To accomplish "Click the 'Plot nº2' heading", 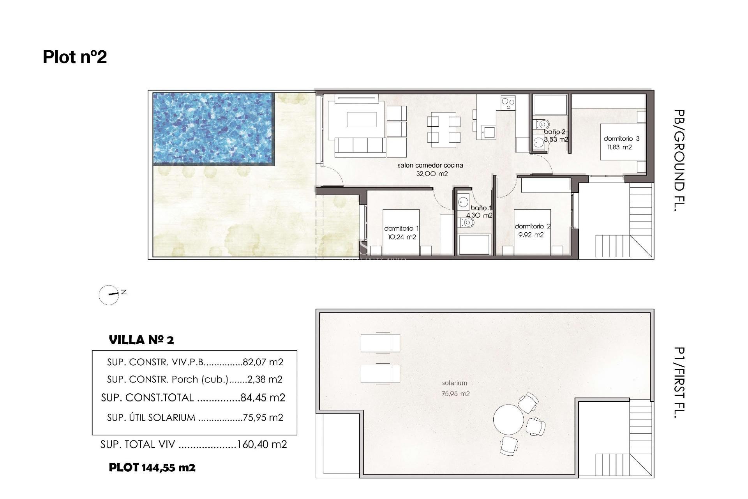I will [x=75, y=57].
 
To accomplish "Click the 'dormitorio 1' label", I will [x=401, y=228].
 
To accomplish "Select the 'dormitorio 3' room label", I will [x=621, y=138].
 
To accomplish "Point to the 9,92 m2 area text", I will [x=531, y=235].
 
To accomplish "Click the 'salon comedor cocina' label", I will [x=430, y=165].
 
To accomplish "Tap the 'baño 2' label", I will [x=554, y=132].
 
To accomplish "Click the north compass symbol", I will [x=109, y=295].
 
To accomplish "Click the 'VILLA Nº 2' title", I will [x=141, y=340].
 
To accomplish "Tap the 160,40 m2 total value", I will [x=262, y=444].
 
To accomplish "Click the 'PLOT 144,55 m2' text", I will [x=152, y=467].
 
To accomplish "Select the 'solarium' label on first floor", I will [x=454, y=383].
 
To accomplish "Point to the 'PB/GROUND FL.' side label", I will [x=679, y=160].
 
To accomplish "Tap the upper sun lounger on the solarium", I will [x=380, y=343].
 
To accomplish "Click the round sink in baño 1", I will [x=463, y=202].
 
